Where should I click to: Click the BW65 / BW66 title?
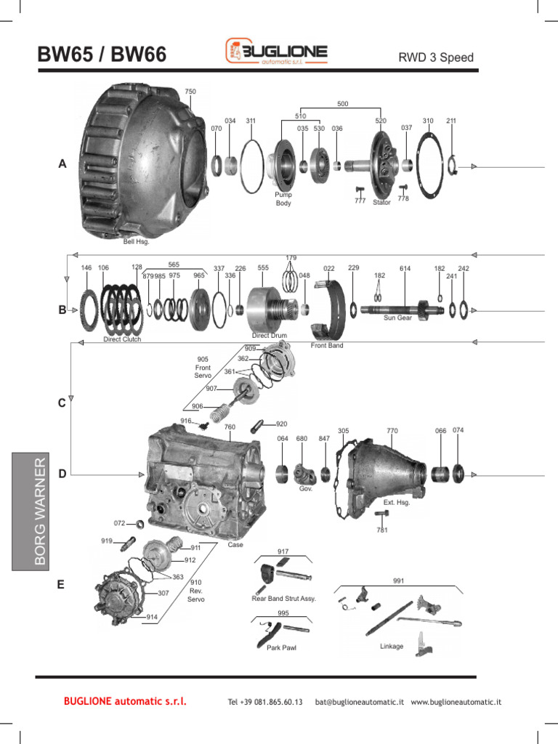pyautogui.click(x=102, y=55)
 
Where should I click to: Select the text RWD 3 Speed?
pyautogui.click(x=436, y=57)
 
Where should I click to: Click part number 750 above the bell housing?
pyautogui.click(x=190, y=92)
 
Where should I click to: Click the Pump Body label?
pyautogui.click(x=283, y=199)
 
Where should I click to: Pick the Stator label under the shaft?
pyautogui.click(x=382, y=202)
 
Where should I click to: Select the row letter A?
pyautogui.click(x=62, y=165)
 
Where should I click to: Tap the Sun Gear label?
pyautogui.click(x=397, y=318)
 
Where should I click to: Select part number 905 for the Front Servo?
pyautogui.click(x=203, y=359)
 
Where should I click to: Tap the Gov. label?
pyautogui.click(x=305, y=489)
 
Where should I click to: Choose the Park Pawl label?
pyautogui.click(x=281, y=647)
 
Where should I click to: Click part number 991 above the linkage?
pyautogui.click(x=398, y=581)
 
